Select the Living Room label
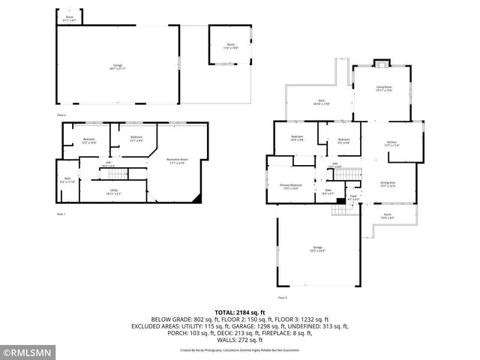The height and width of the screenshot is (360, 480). click(x=384, y=88)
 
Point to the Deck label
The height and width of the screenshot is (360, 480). click(x=320, y=102)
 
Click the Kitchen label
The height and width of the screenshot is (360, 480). click(x=391, y=143)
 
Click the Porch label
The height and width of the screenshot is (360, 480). click(x=388, y=216)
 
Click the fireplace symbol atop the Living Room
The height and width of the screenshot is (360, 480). click(x=380, y=64)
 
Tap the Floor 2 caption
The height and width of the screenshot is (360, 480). click(x=61, y=115)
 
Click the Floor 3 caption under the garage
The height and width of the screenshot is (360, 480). click(x=282, y=297)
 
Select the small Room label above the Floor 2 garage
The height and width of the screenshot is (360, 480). click(x=70, y=17)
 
